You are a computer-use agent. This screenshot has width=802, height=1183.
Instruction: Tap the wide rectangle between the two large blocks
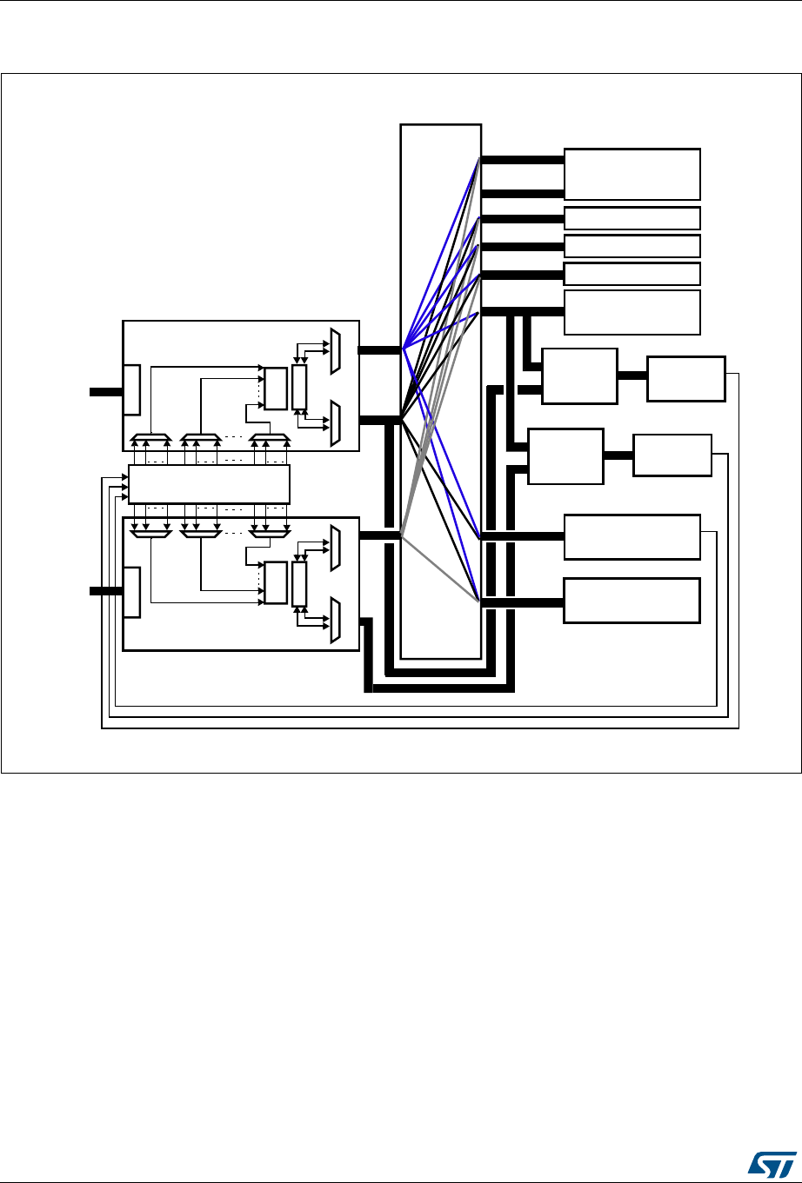coord(208,484)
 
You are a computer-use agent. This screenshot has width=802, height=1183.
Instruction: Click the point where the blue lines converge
coord(404,349)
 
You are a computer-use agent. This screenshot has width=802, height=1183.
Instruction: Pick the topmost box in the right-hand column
coord(632,174)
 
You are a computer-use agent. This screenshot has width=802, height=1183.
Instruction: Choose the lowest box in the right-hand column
coord(632,600)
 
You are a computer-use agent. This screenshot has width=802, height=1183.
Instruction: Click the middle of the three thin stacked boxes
coord(632,246)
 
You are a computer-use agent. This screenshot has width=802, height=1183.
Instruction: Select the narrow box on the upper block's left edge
coord(131,389)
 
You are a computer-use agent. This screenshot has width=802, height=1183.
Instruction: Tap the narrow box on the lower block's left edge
coord(131,592)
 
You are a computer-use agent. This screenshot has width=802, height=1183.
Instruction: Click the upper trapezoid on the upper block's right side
coord(336,352)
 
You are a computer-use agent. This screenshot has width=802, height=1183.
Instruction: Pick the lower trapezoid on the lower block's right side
coord(336,621)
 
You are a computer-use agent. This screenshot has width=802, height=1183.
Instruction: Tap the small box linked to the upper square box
coord(685,378)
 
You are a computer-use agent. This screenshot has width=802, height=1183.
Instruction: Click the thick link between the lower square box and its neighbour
coord(618,455)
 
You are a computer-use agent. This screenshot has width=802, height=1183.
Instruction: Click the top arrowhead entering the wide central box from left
coord(123,477)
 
